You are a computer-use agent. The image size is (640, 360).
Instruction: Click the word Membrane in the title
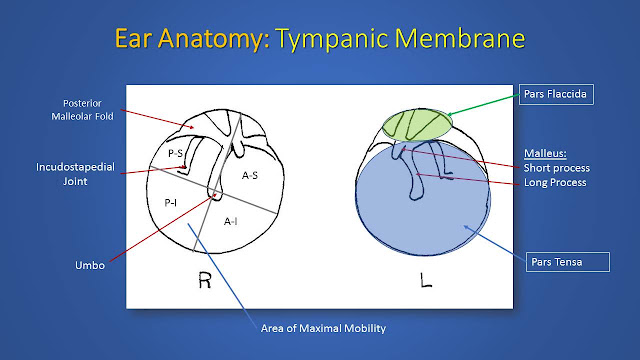[x=460, y=38]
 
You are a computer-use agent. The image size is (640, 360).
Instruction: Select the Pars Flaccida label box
[x=556, y=94]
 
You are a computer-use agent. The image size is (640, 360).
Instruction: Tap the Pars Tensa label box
[x=568, y=262]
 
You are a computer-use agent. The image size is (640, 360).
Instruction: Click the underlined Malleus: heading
[x=545, y=153]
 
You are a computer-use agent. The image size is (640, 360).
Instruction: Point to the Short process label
[x=557, y=168]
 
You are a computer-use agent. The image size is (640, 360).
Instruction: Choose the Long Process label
[x=555, y=182]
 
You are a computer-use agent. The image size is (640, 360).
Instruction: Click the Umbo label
[x=90, y=265]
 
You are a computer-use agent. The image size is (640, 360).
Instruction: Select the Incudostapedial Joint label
[x=76, y=174]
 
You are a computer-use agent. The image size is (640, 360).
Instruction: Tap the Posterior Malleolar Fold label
[x=82, y=110]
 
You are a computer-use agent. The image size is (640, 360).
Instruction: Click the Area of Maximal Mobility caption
[x=323, y=328]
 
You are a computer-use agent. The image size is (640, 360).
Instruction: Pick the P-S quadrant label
[x=176, y=153]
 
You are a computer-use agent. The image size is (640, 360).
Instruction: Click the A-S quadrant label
[x=250, y=176]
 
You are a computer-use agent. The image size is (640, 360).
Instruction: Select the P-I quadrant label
[x=171, y=202]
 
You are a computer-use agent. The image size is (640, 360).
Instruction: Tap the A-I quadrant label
[x=231, y=221]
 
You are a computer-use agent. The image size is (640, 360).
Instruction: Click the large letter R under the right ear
[x=205, y=280]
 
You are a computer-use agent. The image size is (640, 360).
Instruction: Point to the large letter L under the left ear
[x=426, y=280]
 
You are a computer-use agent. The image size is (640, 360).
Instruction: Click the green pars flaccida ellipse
[x=417, y=125]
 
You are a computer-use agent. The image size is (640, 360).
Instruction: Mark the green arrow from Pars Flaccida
[x=483, y=105]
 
